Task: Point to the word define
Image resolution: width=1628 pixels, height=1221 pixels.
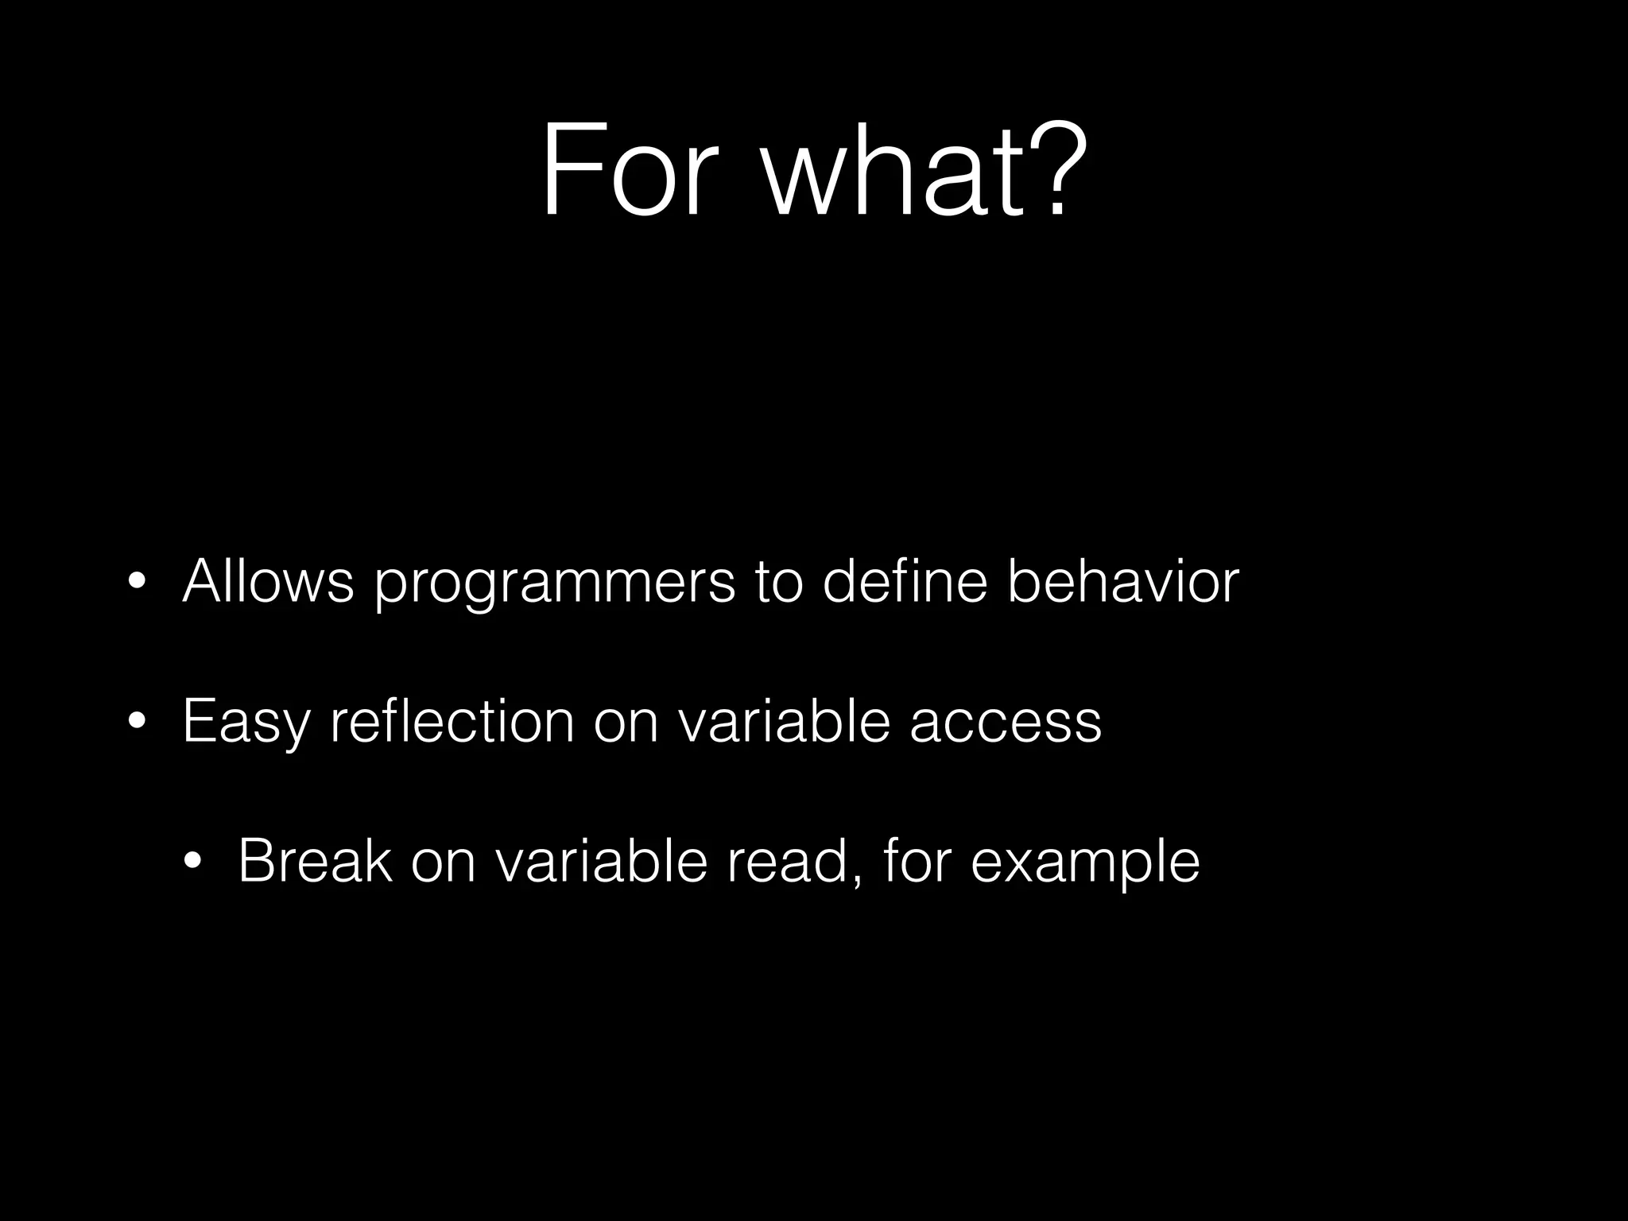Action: click(905, 582)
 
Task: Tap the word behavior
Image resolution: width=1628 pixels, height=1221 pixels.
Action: click(1122, 582)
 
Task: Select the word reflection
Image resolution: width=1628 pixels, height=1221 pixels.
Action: click(452, 720)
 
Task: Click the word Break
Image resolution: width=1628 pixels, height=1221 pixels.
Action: click(315, 861)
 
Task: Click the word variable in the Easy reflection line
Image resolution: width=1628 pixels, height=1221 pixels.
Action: click(783, 720)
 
